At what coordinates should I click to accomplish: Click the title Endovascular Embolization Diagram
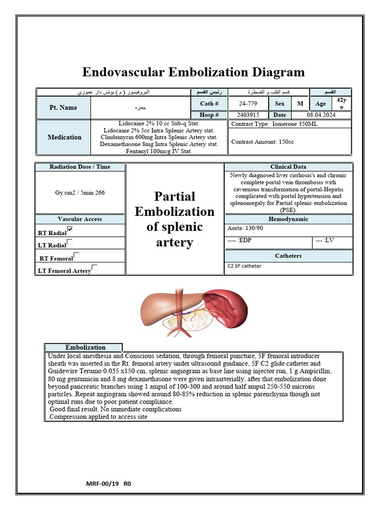193,72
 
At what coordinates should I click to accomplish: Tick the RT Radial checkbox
70,229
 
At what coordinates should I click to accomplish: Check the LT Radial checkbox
69,242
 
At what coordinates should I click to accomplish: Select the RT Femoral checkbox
76,255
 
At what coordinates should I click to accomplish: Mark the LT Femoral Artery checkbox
95,268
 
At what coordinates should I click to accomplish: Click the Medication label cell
64,137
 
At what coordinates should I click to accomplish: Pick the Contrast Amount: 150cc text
262,142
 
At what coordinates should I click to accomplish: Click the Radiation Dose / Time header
80,167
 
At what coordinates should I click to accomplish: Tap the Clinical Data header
288,167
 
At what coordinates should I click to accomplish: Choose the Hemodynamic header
288,219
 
